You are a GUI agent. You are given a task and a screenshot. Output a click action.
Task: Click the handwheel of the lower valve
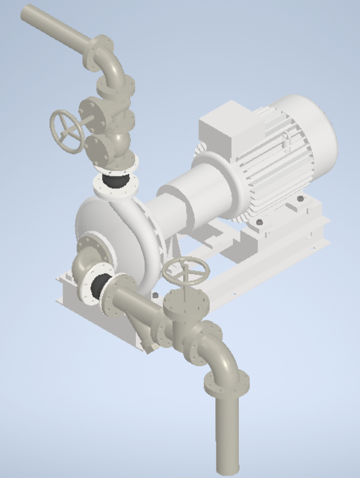pos(186,271)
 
